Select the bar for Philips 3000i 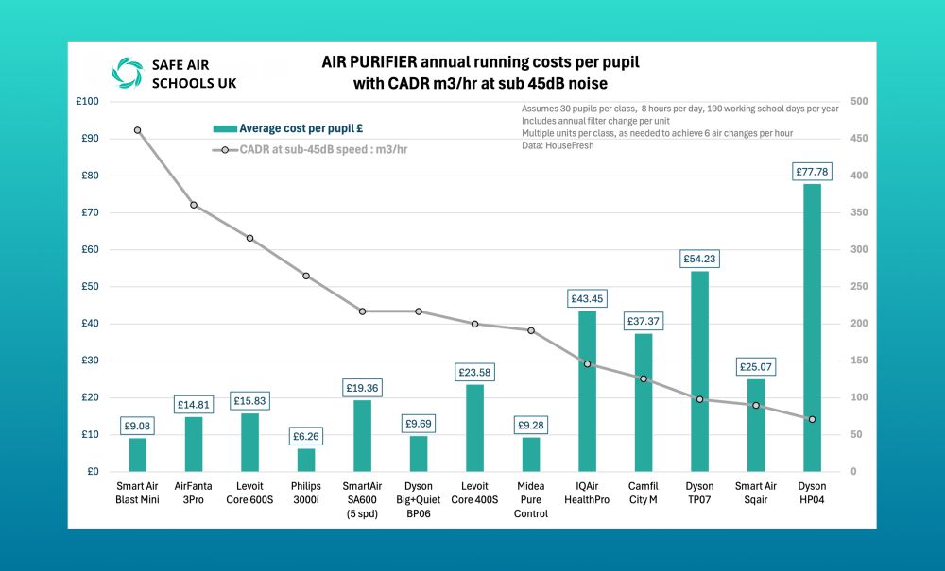306,460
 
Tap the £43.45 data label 587,298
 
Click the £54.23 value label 699,259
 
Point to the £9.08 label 138,426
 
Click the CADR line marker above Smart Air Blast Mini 138,130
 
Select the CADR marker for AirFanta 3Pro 194,205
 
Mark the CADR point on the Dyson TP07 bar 699,399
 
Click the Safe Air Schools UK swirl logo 127,72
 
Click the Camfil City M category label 643,493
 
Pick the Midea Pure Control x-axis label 531,498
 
